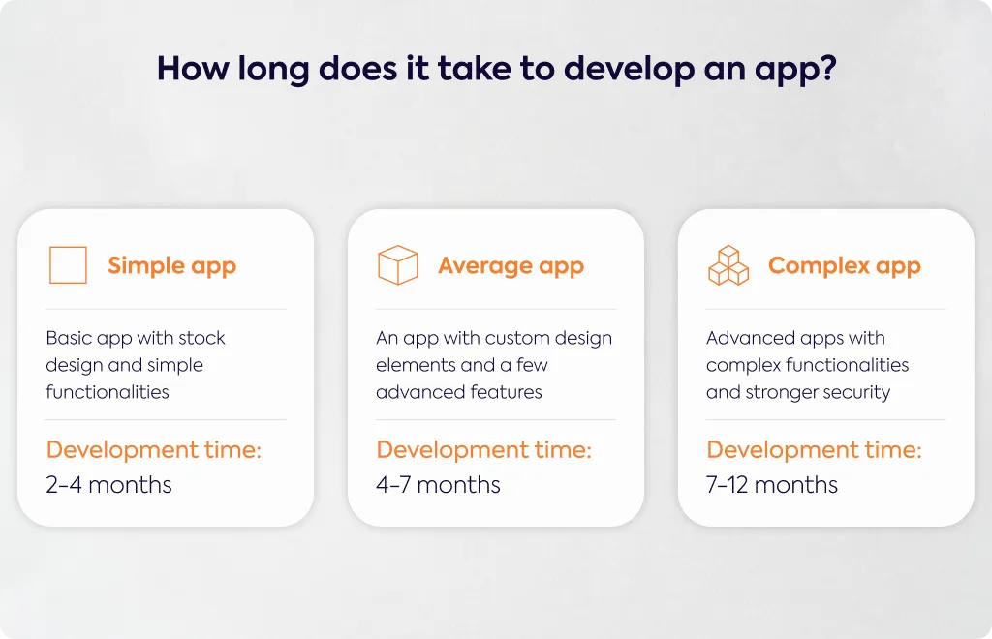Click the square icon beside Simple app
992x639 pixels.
coord(49,265)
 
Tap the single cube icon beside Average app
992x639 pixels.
coord(398,247)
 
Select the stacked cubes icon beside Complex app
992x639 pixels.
coord(728,265)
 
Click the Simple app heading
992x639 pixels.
coord(172,266)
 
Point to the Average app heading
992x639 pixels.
coord(511,266)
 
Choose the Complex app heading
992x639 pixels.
coord(845,266)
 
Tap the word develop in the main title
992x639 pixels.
coord(629,70)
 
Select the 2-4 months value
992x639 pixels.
coord(108,485)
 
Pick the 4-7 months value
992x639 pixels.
coord(438,485)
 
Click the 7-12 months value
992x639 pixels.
coord(772,485)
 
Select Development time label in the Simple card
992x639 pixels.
coord(154,450)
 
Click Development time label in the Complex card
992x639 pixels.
coord(814,450)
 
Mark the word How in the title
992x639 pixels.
coord(194,69)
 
